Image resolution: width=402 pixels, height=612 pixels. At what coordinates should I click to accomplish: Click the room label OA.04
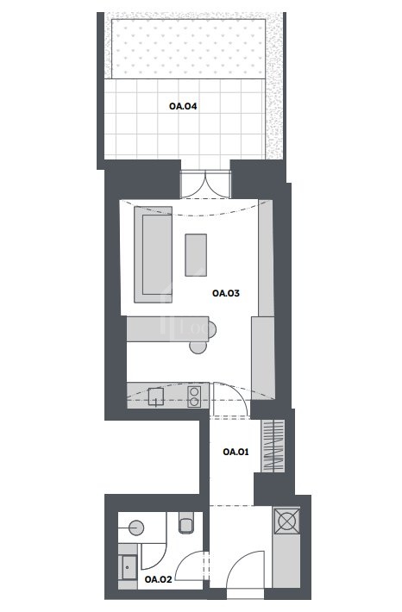coord(183,106)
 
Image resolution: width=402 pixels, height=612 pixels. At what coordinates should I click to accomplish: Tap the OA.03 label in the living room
coord(226,293)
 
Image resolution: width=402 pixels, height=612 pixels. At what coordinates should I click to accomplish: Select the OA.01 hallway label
coord(236,452)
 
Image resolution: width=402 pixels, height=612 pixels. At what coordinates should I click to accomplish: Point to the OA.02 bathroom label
coord(158,579)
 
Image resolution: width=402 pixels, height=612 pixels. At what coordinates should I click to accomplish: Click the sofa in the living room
coord(154,254)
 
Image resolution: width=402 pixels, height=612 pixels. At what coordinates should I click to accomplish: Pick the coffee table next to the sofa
coord(196,255)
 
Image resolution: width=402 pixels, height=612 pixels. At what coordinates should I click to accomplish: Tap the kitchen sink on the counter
coord(156,397)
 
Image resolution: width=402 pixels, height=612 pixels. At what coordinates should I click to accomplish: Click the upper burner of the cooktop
coord(194,391)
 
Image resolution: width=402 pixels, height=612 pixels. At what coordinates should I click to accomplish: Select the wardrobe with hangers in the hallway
coord(273,447)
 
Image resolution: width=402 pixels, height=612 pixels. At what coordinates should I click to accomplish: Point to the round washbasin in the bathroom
coord(136,528)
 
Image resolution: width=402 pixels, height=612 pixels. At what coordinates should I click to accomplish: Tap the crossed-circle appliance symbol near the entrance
coord(287,521)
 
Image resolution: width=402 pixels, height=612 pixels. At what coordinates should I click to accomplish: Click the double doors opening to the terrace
coord(205,184)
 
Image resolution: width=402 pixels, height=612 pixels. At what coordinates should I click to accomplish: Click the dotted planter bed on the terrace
coord(188,49)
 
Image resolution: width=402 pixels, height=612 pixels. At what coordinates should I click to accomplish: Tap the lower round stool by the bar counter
coord(198,347)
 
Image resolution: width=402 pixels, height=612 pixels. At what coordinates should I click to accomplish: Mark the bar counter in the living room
coord(168,329)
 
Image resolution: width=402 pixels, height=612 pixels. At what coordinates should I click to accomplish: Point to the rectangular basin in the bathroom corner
coord(129,567)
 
